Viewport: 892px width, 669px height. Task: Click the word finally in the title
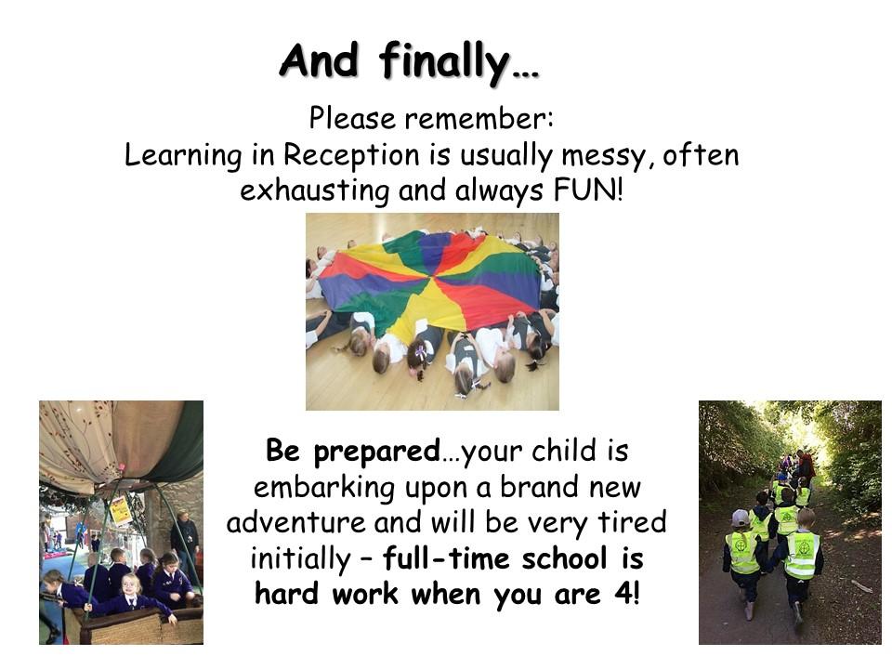pyautogui.click(x=444, y=61)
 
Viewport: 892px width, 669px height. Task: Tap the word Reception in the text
pyautogui.click(x=351, y=155)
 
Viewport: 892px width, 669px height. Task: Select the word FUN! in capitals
pyautogui.click(x=587, y=190)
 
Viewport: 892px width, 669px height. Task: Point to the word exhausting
pyautogui.click(x=314, y=190)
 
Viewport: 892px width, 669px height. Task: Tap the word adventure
pyautogui.click(x=295, y=522)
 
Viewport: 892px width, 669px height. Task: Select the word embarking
pyautogui.click(x=323, y=488)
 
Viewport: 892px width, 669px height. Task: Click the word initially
pyautogui.click(x=300, y=559)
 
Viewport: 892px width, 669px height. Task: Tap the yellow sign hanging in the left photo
pyautogui.click(x=121, y=510)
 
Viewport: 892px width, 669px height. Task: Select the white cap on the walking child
pyautogui.click(x=741, y=518)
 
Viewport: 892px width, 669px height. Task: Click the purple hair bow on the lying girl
pyautogui.click(x=420, y=353)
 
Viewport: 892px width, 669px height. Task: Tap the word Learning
pyautogui.click(x=183, y=156)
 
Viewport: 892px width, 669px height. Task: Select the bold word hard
pyautogui.click(x=286, y=594)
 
